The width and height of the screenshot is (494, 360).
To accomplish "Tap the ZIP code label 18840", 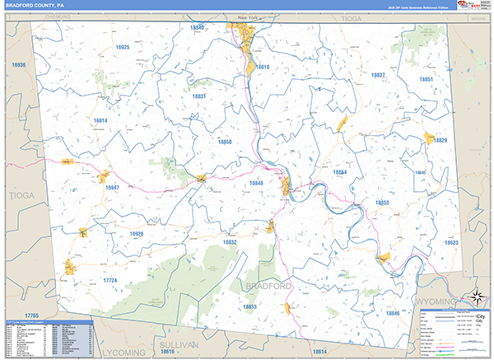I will [x=197, y=28].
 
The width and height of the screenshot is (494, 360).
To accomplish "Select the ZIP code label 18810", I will [x=262, y=67].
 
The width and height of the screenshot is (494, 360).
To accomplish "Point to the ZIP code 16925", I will [x=123, y=48].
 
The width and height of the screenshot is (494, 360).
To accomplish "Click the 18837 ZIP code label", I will [x=377, y=75].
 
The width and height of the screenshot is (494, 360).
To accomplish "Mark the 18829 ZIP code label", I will [x=440, y=141].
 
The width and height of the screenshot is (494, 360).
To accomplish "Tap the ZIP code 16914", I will [x=100, y=120].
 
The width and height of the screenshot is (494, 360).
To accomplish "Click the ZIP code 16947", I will [x=113, y=188].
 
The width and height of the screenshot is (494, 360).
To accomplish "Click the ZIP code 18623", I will [x=450, y=243].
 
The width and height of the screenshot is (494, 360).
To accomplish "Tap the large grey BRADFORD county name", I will [x=268, y=286].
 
